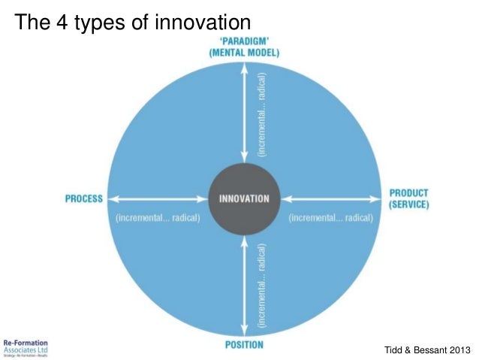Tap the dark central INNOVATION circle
point(243,198)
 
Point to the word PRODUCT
point(408,193)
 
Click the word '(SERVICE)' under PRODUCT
point(408,204)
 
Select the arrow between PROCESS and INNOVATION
point(155,199)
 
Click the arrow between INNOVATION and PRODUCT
point(331,199)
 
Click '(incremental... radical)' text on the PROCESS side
point(157,218)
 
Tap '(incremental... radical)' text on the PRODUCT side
point(330,218)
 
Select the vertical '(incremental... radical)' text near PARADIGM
point(261,113)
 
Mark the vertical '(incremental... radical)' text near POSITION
point(261,284)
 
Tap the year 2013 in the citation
point(457,349)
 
